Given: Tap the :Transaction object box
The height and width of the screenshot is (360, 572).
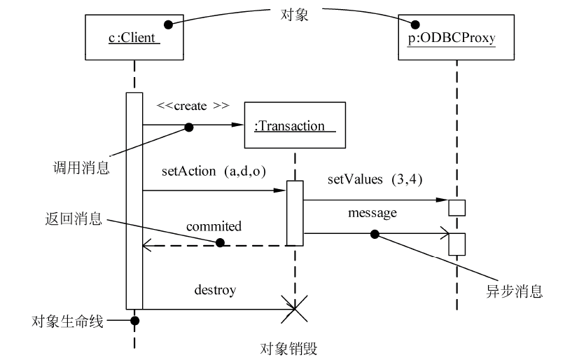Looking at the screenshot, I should point(295,125).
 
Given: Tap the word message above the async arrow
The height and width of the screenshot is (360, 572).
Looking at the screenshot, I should point(372,212).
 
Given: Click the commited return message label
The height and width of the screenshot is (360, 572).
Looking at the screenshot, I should point(214,226).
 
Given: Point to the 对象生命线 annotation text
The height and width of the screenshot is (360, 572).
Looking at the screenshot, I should point(68,321).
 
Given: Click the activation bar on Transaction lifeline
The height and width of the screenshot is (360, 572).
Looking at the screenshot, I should point(295,213).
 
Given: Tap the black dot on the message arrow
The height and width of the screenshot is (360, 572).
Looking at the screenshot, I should point(375,233).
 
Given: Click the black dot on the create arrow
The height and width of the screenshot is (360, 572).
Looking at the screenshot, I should point(188,126).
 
